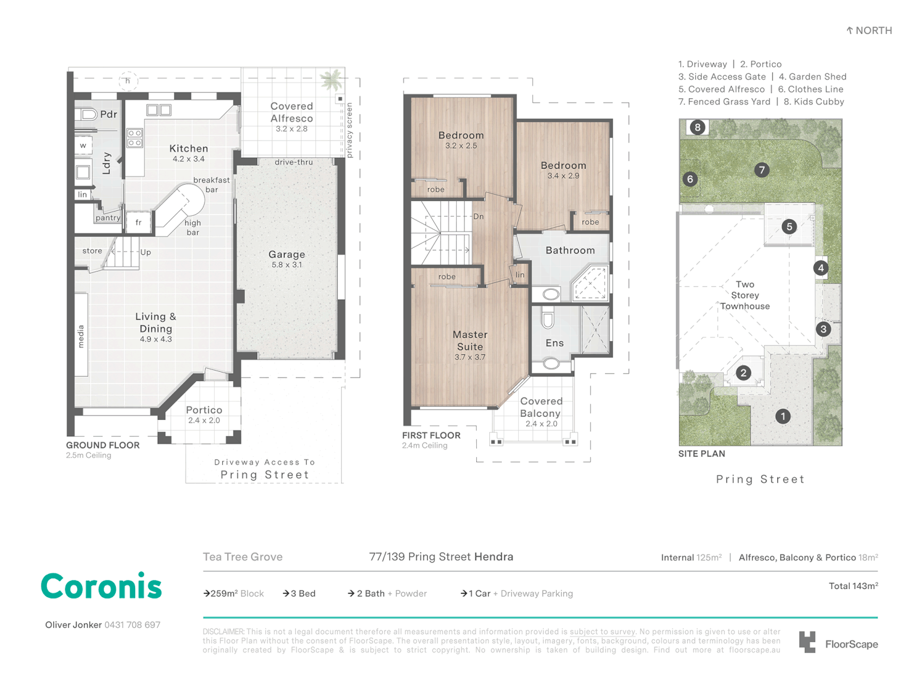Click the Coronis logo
tap(101, 587)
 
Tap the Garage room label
tap(287, 255)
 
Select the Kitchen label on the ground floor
tap(188, 149)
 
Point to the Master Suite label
tap(470, 341)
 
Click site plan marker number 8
tap(698, 128)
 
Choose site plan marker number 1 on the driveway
tap(783, 416)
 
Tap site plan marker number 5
tap(789, 227)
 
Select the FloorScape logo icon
tap(807, 642)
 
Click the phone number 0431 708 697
tap(132, 625)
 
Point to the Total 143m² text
tap(853, 586)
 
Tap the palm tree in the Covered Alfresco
tap(331, 80)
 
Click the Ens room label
tap(554, 343)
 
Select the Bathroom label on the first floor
tap(570, 250)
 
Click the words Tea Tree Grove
tap(243, 556)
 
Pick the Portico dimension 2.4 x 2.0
tap(204, 421)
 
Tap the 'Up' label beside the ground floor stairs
tap(146, 252)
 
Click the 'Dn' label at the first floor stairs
tap(479, 217)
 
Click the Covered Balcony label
tap(541, 407)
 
